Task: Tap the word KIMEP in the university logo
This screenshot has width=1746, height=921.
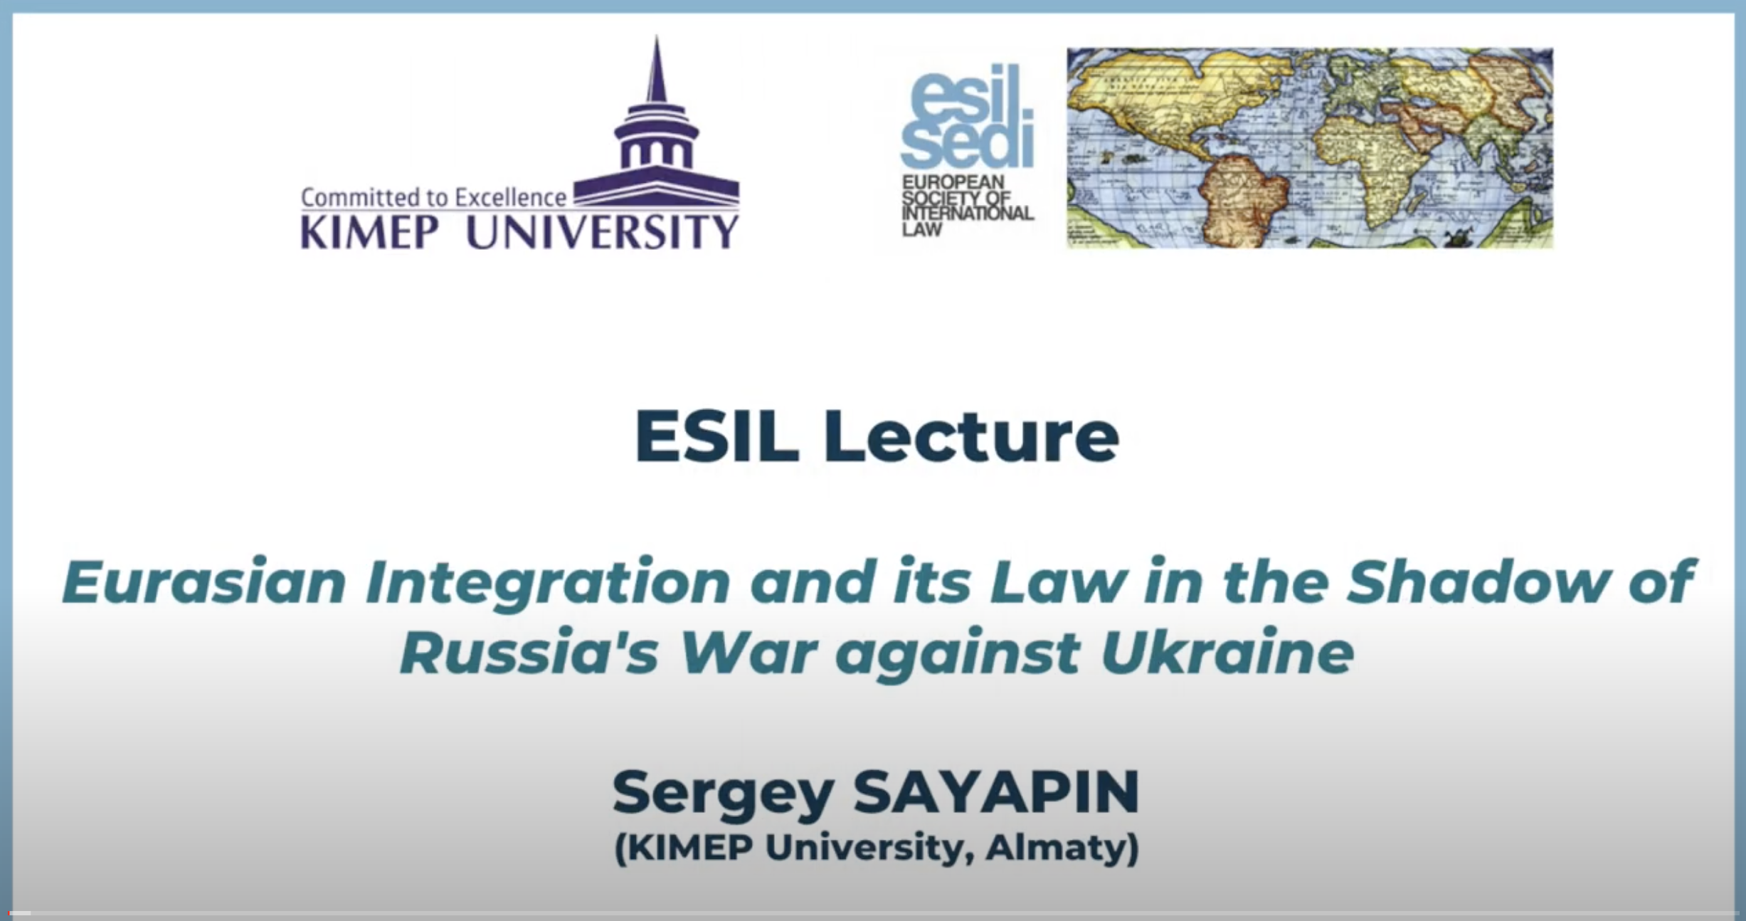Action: click(x=369, y=231)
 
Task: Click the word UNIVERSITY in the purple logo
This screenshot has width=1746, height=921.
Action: click(x=602, y=231)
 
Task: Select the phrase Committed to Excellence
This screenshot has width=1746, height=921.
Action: click(x=434, y=197)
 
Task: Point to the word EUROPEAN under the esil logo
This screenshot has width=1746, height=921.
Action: click(x=953, y=183)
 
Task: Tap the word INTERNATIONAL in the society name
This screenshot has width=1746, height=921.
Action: click(x=968, y=214)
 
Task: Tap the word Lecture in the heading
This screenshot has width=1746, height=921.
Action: click(x=972, y=436)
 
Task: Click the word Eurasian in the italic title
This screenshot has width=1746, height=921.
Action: click(x=205, y=581)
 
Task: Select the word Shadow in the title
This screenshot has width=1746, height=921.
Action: click(x=1474, y=581)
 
